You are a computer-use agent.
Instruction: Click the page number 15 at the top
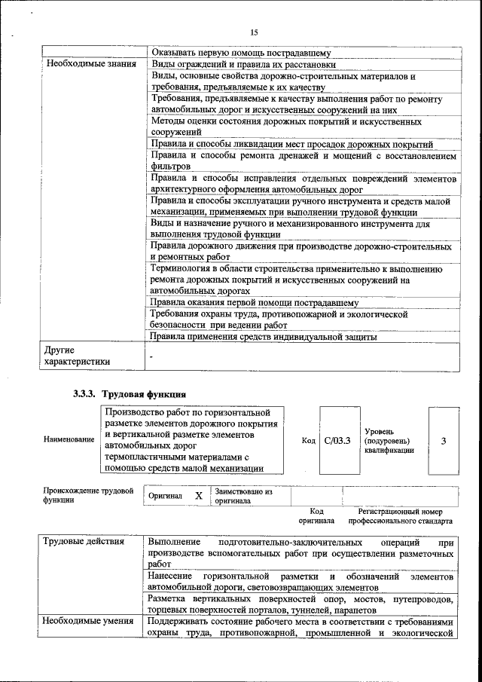[x=254, y=32]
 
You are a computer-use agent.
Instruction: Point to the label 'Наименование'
[x=69, y=439]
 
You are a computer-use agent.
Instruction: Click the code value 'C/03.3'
[x=337, y=439]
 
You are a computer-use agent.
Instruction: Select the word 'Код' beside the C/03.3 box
[x=308, y=439]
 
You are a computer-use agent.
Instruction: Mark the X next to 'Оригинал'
[x=198, y=496]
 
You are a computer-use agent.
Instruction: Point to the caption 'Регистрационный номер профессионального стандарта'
[x=400, y=515]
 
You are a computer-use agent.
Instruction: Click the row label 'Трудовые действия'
[x=78, y=542]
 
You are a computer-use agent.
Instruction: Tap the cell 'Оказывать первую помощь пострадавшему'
[x=241, y=53]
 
